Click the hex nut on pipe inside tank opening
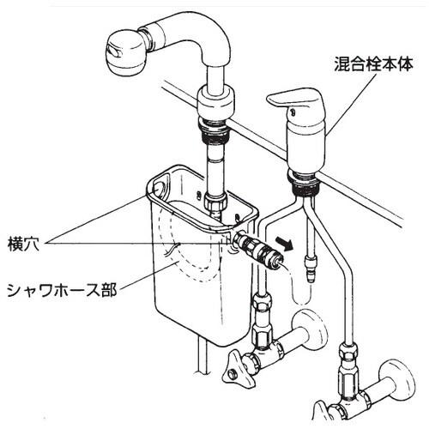(215, 205)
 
